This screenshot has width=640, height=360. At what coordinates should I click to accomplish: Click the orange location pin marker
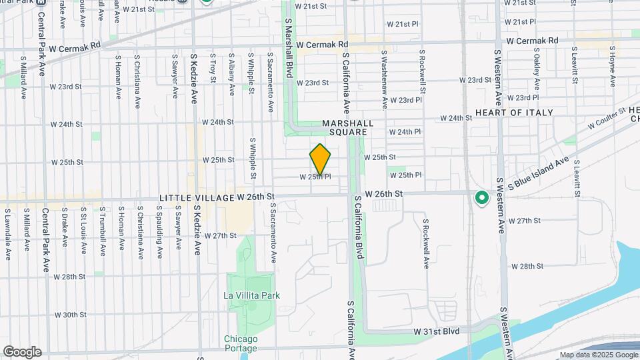(x=321, y=159)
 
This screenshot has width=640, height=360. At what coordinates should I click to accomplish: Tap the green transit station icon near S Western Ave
(x=481, y=198)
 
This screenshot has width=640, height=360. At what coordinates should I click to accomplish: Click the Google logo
(x=22, y=351)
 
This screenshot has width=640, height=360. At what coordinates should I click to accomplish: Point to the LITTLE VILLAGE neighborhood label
(x=197, y=198)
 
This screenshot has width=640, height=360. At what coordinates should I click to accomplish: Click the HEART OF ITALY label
(x=513, y=113)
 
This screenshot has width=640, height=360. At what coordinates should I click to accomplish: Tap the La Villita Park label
(x=251, y=295)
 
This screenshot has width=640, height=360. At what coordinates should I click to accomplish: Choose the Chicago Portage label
(x=241, y=343)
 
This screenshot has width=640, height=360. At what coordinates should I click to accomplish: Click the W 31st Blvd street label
(x=437, y=331)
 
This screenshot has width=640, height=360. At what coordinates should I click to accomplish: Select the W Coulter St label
(x=607, y=119)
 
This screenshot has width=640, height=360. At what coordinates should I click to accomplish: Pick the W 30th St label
(x=70, y=315)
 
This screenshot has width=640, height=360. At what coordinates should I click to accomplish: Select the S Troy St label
(x=213, y=69)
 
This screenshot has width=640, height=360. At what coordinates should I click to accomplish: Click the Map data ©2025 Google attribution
(x=597, y=355)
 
